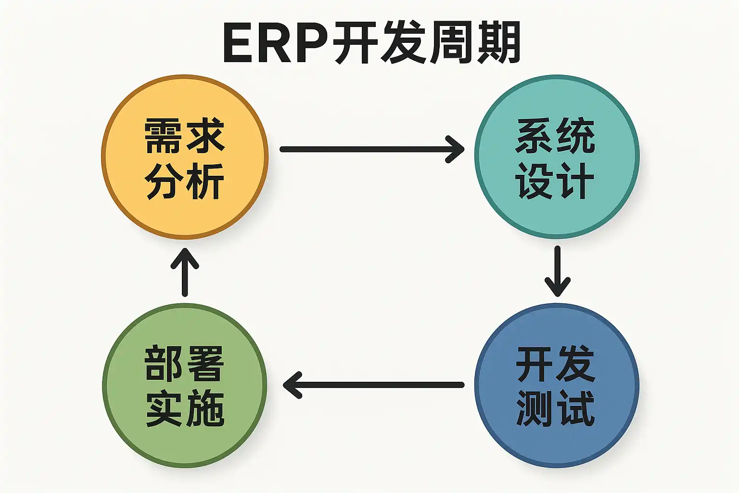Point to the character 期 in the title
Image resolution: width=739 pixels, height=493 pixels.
498,43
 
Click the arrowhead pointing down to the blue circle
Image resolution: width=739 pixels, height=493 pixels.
557,287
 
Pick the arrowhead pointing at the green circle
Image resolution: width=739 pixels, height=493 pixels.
292,385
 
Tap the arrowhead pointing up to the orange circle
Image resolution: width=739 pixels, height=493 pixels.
185,258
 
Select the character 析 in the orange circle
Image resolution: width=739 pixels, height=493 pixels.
205,182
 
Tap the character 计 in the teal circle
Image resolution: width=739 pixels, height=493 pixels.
576,182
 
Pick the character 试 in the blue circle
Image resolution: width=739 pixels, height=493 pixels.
576,409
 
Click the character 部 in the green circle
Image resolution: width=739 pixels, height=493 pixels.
164,363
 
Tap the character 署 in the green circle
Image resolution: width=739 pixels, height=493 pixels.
205,363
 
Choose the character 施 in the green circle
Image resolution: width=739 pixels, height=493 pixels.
205,409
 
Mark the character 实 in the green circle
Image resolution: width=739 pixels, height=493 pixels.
164,409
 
